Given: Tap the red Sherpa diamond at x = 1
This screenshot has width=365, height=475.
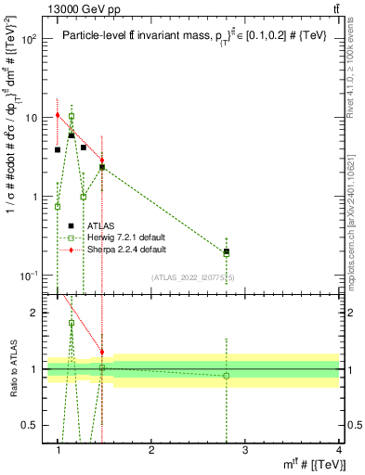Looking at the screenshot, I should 58,115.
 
